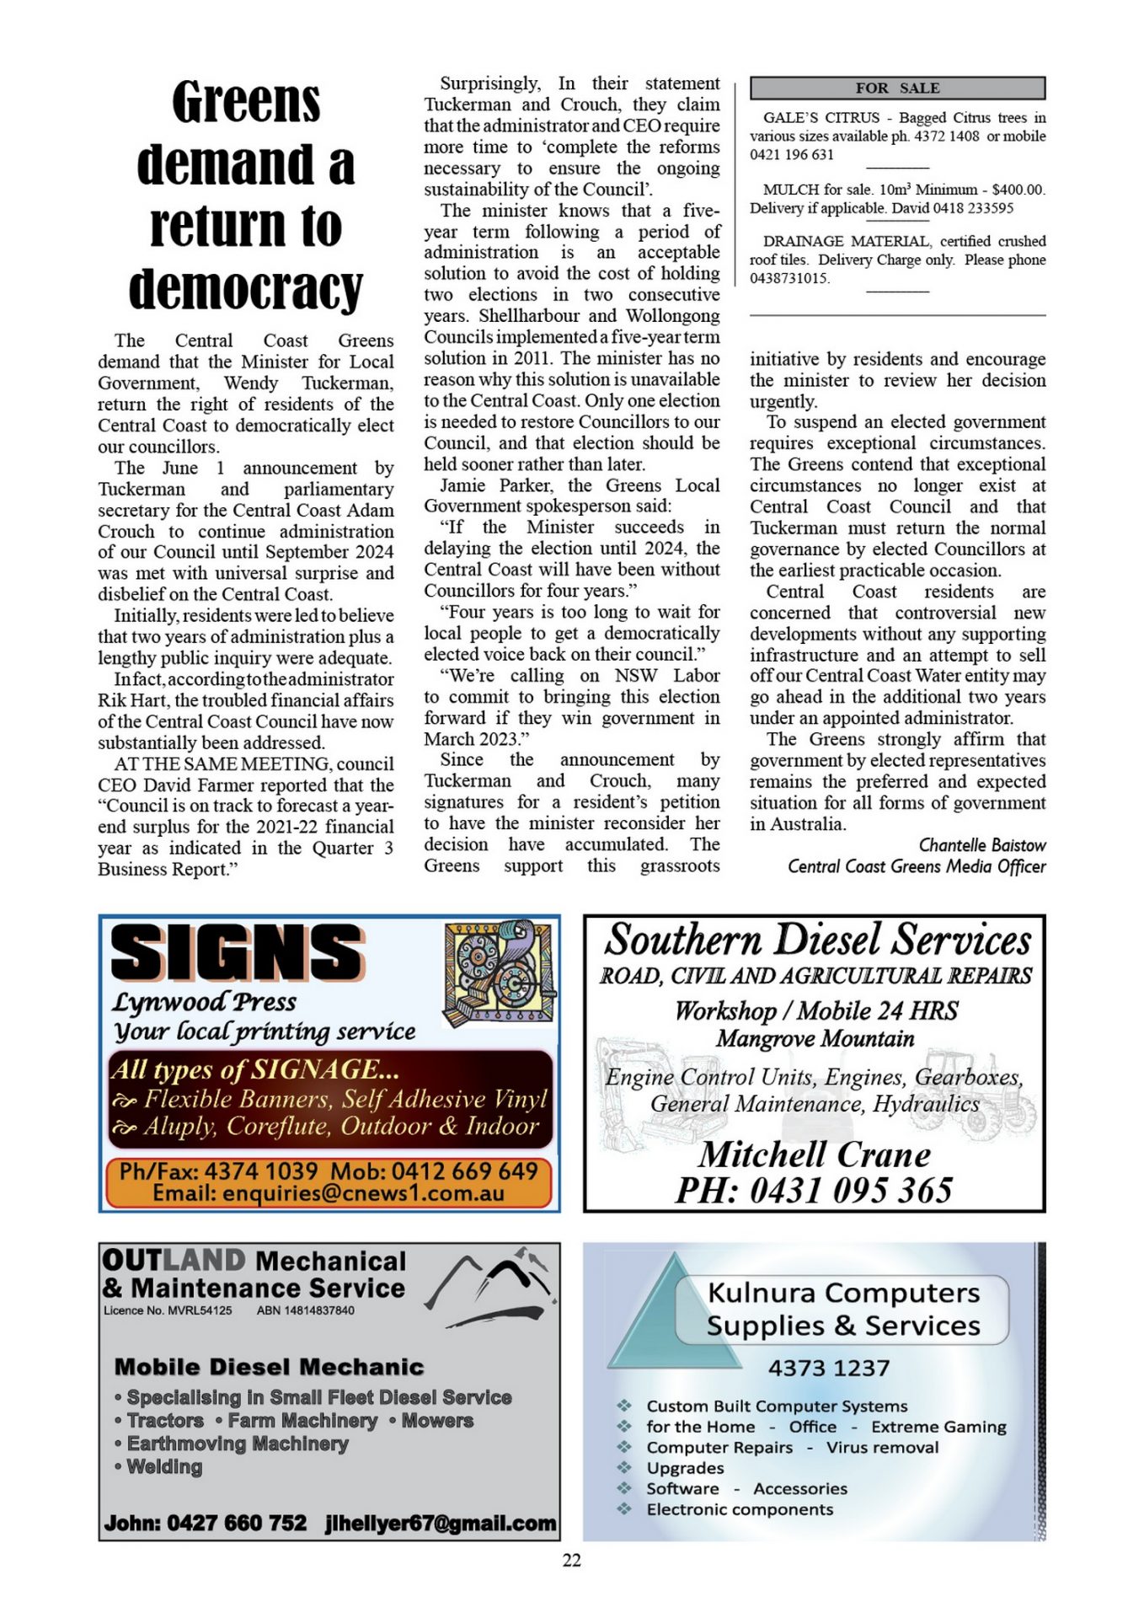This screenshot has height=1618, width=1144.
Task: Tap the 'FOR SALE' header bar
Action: click(x=897, y=88)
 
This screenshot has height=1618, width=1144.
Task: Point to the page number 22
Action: click(x=571, y=1560)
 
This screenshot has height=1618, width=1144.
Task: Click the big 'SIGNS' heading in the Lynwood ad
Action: click(x=238, y=952)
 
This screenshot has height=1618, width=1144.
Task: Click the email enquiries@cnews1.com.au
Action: click(x=329, y=1193)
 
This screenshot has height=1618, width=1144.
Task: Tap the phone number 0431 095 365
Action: click(x=851, y=1190)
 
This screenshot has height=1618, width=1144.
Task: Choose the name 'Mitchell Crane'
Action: click(x=815, y=1154)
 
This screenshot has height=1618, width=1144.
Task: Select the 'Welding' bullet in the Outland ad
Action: click(x=164, y=1467)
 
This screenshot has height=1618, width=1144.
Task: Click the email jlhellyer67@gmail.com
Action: click(x=441, y=1523)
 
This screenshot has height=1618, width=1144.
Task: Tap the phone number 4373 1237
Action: click(x=828, y=1368)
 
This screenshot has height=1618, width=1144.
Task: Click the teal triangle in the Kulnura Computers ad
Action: click(x=666, y=1323)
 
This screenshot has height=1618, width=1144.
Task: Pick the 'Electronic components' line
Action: click(x=740, y=1509)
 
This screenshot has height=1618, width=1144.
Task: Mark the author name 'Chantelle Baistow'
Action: click(x=981, y=844)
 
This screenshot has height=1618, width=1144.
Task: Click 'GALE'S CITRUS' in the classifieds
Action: click(x=821, y=118)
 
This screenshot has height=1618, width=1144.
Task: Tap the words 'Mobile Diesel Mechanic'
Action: click(x=269, y=1367)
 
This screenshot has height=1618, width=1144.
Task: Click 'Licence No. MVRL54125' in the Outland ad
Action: click(x=168, y=1310)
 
